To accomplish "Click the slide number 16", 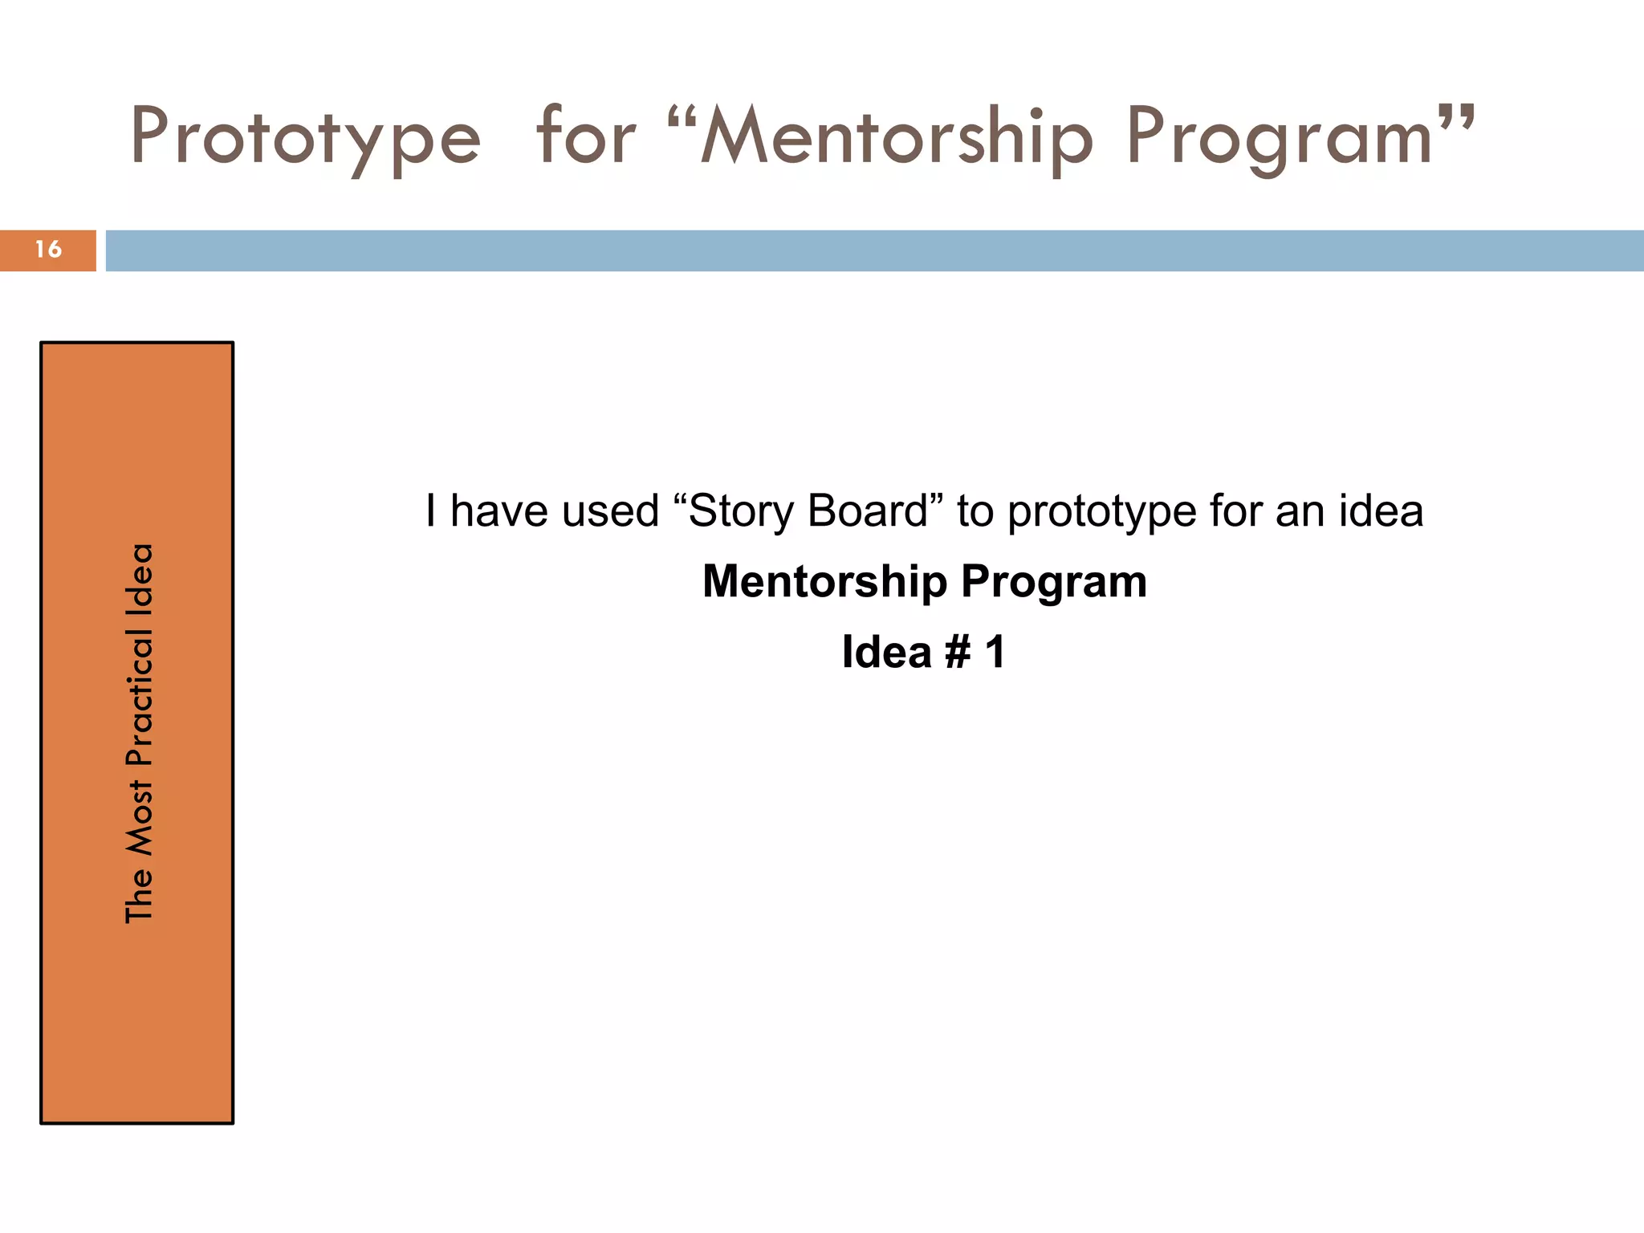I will (x=48, y=250).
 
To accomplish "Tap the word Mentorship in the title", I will (x=896, y=136).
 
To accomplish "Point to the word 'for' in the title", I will (x=586, y=136).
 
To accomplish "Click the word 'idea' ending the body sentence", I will (x=1381, y=511).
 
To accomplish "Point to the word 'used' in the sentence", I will (x=611, y=511).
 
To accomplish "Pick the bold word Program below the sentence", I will (x=1054, y=583).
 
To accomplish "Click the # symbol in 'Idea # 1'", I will (x=958, y=652).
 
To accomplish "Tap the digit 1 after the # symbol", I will (x=995, y=652).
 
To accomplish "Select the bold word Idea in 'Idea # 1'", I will (x=886, y=652).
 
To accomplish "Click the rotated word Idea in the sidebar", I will (x=139, y=576).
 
